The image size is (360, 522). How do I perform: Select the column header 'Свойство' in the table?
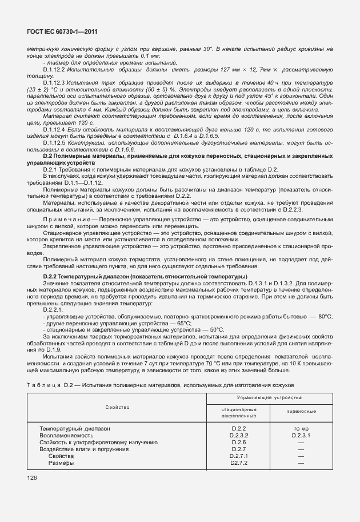click(x=117, y=407)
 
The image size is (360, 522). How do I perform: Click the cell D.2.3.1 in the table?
click(x=301, y=435)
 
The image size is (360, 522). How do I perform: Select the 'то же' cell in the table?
click(x=301, y=428)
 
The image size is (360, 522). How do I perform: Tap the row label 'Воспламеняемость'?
click(x=62, y=435)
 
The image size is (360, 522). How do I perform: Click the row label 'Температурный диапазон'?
click(x=74, y=428)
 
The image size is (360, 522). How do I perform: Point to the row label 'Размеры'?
click(x=61, y=463)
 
